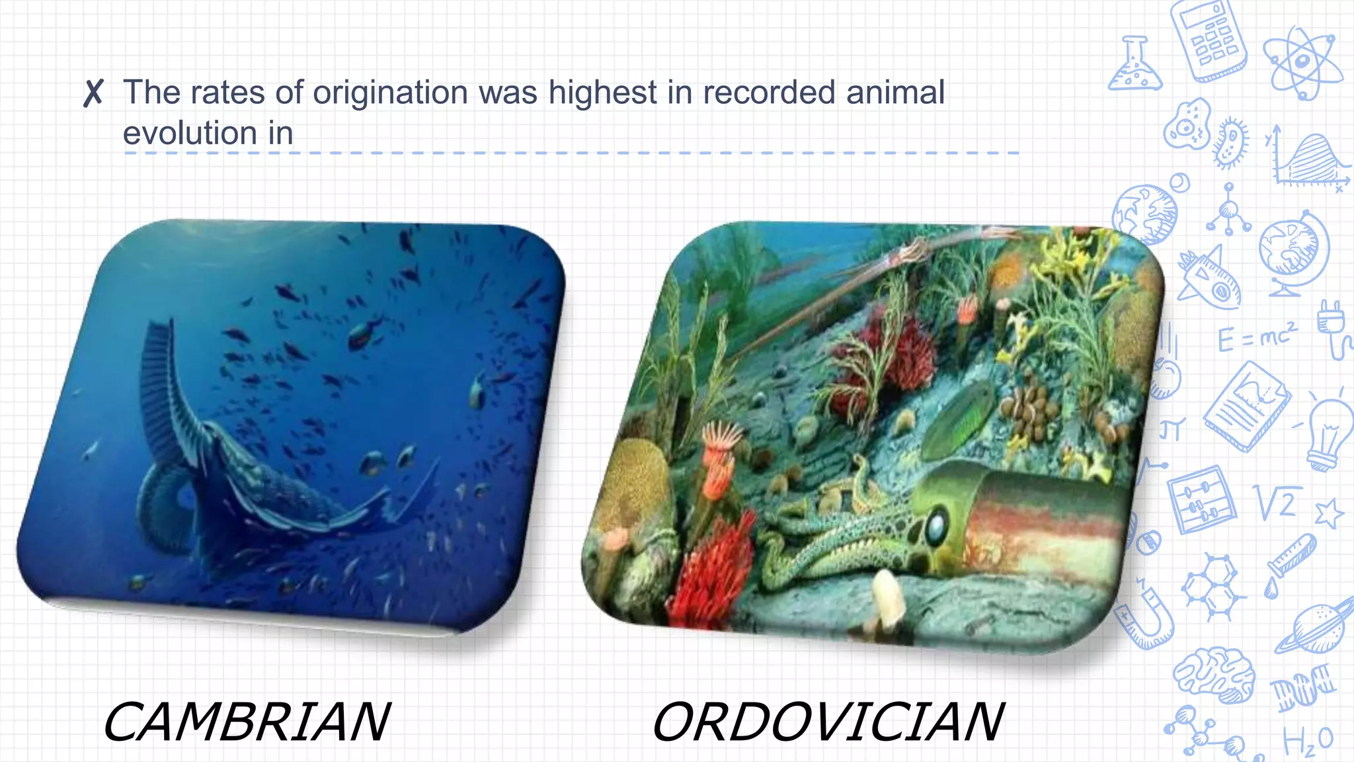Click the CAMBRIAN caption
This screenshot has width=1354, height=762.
coord(247,722)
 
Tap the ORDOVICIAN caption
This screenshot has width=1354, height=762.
coord(828,722)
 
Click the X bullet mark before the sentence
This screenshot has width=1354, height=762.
coord(93,93)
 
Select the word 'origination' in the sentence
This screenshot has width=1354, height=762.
coord(390,93)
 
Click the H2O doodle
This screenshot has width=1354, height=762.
coord(1307,741)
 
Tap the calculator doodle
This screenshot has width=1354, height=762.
coord(1209,40)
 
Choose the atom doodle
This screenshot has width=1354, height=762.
coord(1301,63)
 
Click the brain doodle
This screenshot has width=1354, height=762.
coord(1215,675)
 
